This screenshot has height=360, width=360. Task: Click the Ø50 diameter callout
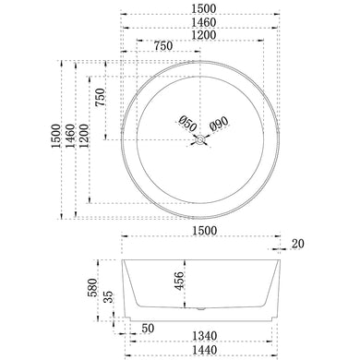coord(185,123)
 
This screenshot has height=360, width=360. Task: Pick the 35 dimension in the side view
coord(109,298)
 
